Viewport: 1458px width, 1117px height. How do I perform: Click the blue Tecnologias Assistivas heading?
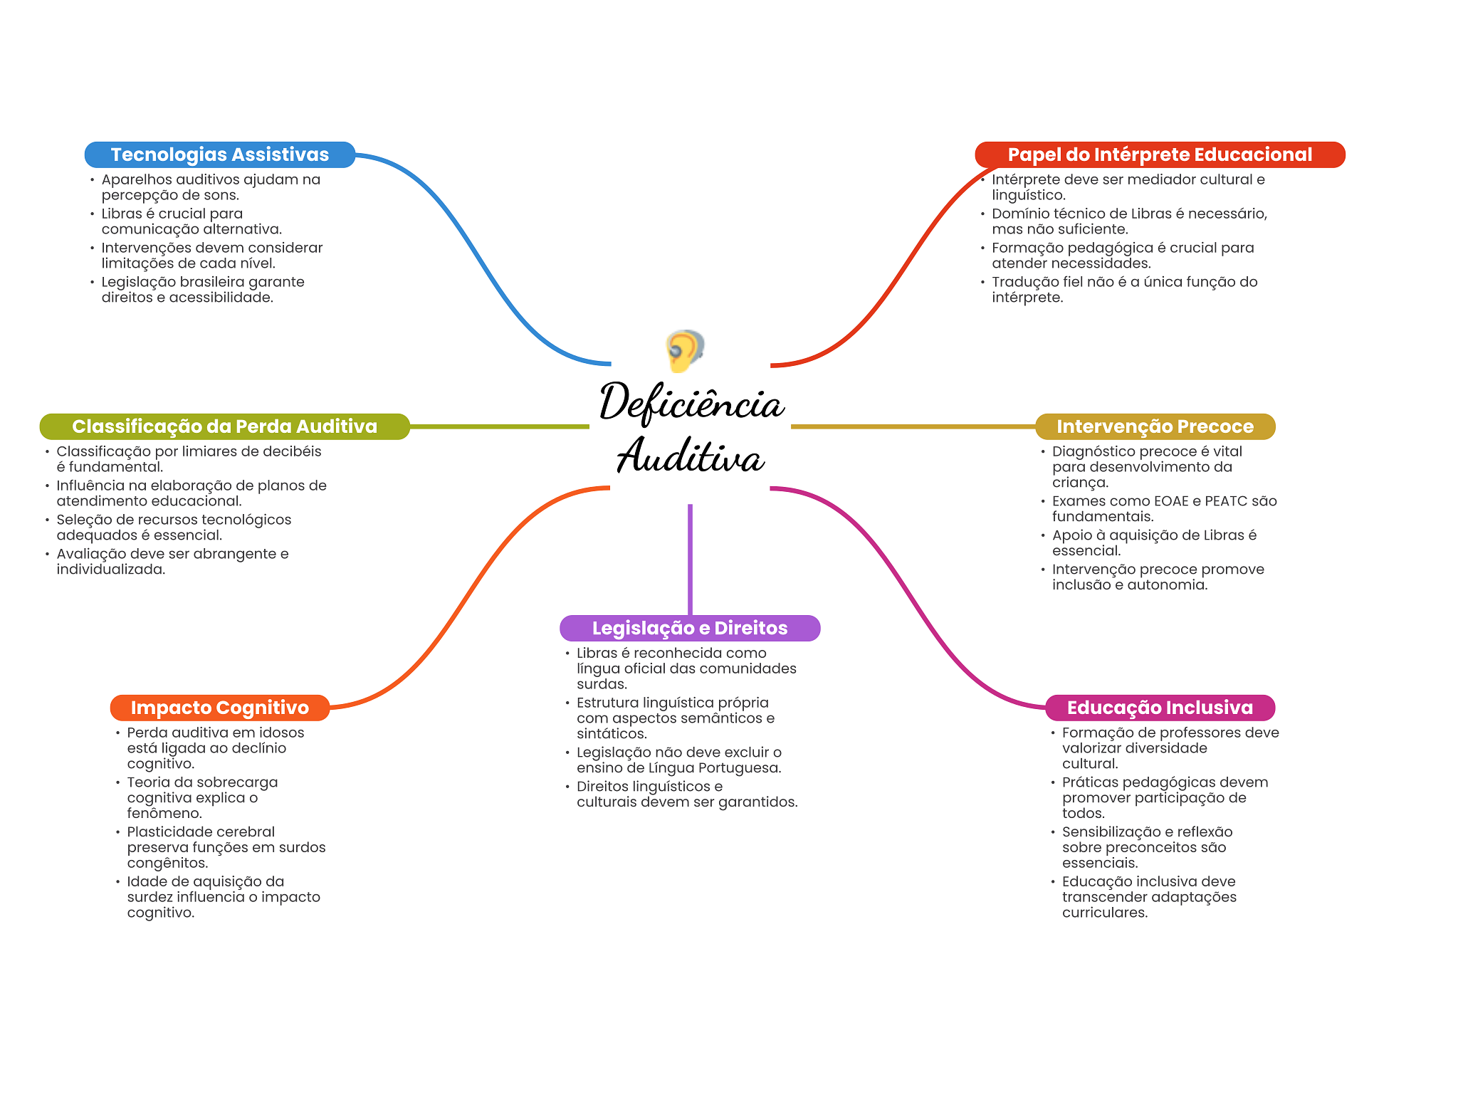219,154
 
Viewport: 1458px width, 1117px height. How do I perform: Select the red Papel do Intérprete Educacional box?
1159,154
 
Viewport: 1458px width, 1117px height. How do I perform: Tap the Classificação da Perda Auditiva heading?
224,426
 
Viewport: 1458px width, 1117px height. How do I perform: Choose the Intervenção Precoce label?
1155,426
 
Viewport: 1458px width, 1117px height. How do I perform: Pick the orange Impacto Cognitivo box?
219,708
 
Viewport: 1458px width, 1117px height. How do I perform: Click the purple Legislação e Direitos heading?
689,628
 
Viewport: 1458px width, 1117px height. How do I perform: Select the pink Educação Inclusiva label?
1159,708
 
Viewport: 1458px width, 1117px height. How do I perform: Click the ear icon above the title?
684,350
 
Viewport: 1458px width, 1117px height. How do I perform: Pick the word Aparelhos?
136,179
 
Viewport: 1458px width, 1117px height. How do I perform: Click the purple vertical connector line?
690,559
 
